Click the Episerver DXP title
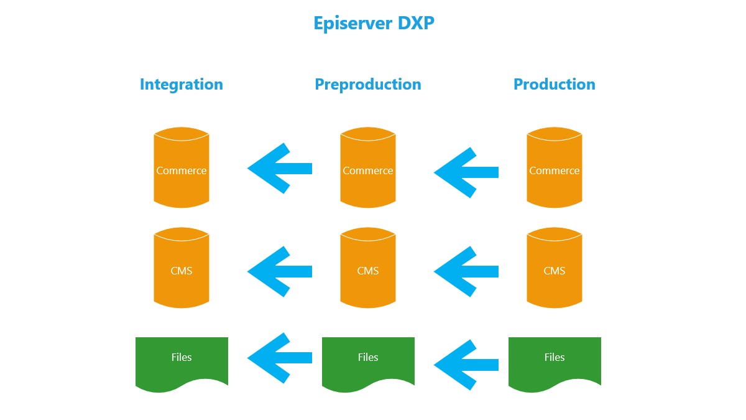374,23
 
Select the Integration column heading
181,84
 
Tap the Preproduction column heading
368,84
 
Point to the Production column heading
554,84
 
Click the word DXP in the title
415,23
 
